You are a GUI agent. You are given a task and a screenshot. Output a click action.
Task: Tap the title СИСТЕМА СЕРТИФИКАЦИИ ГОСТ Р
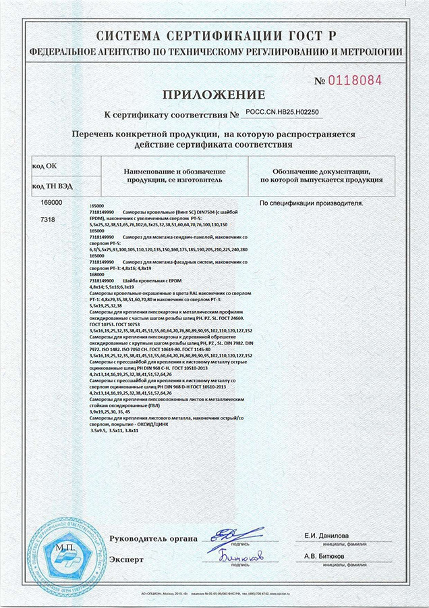coord(214,34)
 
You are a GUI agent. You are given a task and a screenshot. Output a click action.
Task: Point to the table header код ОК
coord(45,165)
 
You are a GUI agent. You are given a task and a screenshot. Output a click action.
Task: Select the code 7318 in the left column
coord(49,220)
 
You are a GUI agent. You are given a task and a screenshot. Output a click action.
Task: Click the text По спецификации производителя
coord(312,203)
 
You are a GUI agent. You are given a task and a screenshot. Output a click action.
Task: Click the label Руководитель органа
coord(154,539)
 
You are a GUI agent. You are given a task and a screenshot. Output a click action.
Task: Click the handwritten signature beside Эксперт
coord(240,555)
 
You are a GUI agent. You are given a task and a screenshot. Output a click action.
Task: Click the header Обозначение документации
coord(322,172)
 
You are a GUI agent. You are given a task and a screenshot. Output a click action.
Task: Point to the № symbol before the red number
coord(320,81)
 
